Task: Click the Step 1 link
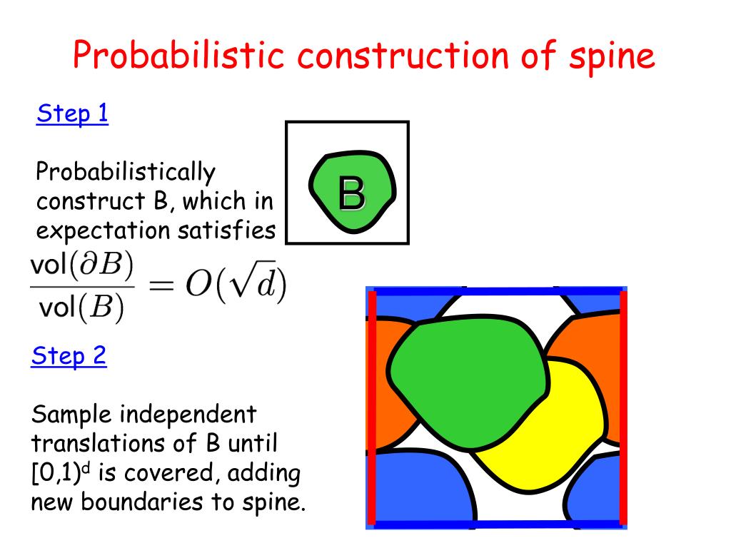72,114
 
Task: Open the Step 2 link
69,355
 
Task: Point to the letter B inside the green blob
351,194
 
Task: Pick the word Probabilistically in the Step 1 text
126,172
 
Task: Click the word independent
187,413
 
